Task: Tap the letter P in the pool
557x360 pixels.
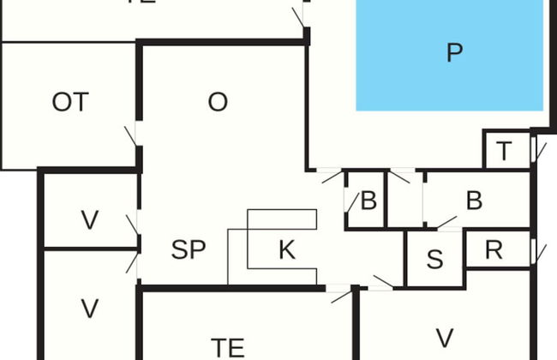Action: [x=454, y=53]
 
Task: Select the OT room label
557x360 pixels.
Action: [x=69, y=103]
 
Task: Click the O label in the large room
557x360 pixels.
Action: [x=218, y=102]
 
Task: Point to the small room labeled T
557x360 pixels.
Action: [x=504, y=152]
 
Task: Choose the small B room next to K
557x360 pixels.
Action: [x=368, y=202]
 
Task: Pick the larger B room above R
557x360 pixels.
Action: [x=474, y=201]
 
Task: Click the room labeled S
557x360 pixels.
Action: [x=434, y=260]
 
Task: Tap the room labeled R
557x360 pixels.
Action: [x=493, y=250]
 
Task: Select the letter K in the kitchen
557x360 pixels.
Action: [x=287, y=250]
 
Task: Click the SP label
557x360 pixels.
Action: [x=189, y=250]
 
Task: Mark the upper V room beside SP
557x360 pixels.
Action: [x=89, y=220]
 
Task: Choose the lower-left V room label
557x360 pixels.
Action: [x=89, y=307]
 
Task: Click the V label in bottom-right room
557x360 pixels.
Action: [x=444, y=338]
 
